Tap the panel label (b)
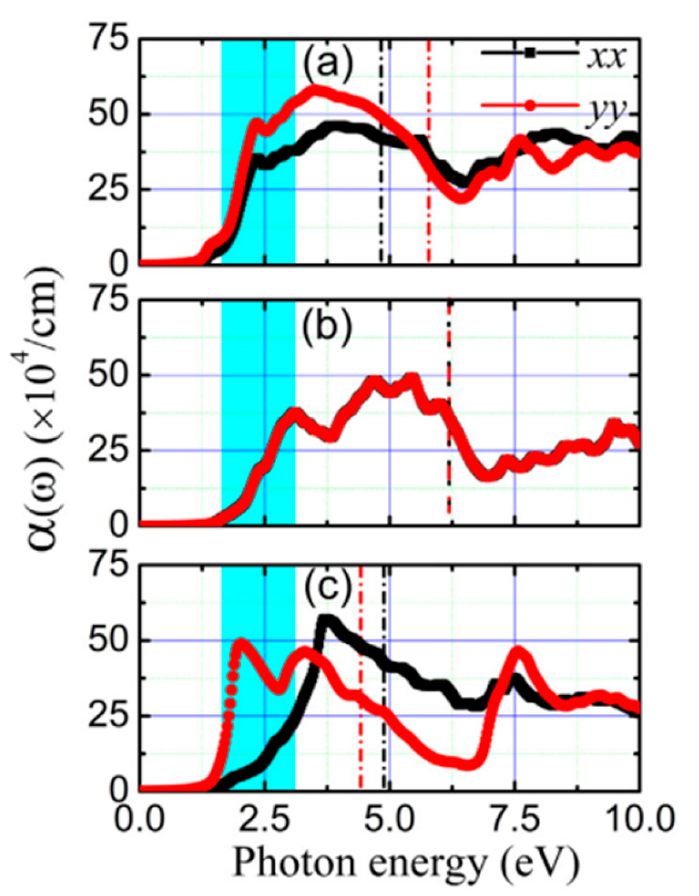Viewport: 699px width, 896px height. [x=327, y=326]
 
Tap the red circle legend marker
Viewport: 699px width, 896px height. [x=530, y=105]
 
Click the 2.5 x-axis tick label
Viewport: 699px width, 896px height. [x=264, y=818]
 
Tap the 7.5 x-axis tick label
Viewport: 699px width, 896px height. [x=513, y=818]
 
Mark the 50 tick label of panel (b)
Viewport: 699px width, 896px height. [x=108, y=375]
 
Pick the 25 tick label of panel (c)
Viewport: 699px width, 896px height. [x=108, y=716]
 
